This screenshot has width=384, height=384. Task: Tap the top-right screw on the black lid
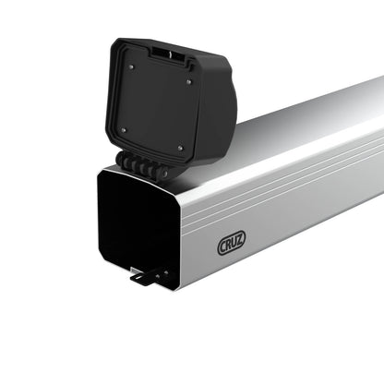189,82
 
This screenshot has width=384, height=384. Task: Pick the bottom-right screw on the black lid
181,148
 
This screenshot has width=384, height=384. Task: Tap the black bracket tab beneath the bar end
142,276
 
